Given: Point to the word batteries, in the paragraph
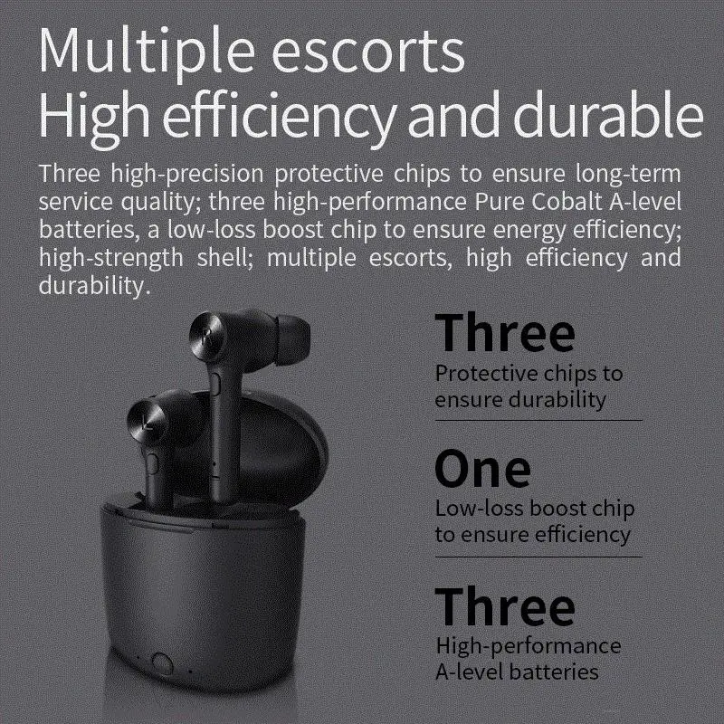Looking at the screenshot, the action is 89,230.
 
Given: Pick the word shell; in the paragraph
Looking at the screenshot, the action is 224,257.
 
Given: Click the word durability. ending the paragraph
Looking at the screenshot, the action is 95,286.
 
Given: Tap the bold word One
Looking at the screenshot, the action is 482,469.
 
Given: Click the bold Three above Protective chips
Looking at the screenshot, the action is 505,332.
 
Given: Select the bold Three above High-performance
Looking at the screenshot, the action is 505,605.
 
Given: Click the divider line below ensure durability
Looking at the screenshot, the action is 538,421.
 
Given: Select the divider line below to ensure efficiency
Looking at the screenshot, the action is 538,557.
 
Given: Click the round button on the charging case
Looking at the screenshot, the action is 162,664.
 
